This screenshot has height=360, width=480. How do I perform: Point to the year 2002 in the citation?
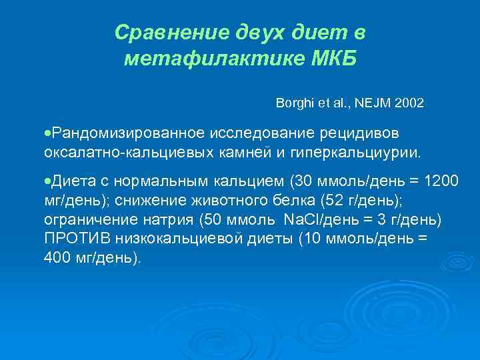[408, 105]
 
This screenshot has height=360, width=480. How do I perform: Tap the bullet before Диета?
[47, 180]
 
